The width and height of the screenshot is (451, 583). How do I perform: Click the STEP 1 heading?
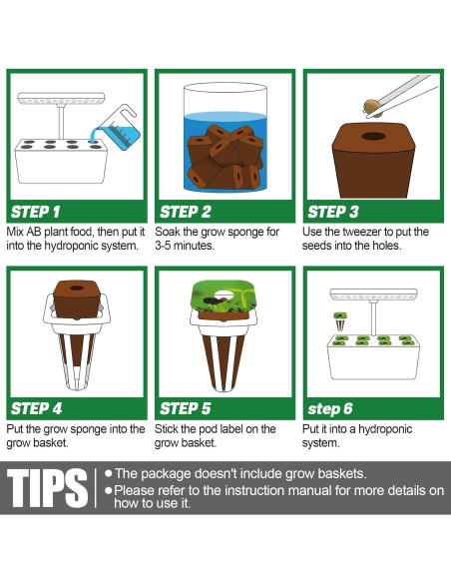35,212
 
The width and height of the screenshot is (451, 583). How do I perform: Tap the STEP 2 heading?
186,212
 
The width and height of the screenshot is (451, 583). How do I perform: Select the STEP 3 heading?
333,212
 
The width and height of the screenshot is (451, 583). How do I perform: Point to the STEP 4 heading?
36,408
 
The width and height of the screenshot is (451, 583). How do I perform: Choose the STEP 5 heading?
186,408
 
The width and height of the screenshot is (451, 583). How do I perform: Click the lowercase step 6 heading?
330,409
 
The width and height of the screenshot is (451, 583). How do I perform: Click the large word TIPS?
48,488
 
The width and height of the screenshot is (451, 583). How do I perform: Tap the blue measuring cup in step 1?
118,129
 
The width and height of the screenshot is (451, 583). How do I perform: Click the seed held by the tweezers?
372,108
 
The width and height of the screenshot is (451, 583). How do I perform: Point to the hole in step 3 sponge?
373,136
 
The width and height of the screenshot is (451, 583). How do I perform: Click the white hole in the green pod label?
224,295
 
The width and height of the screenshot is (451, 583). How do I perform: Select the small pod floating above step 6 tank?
340,321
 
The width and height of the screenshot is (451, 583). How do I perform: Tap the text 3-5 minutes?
185,246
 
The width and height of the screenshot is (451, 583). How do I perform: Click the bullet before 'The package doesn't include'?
109,473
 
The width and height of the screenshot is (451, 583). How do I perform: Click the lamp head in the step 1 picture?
61,99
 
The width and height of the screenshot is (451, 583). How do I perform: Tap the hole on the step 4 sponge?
77,289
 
